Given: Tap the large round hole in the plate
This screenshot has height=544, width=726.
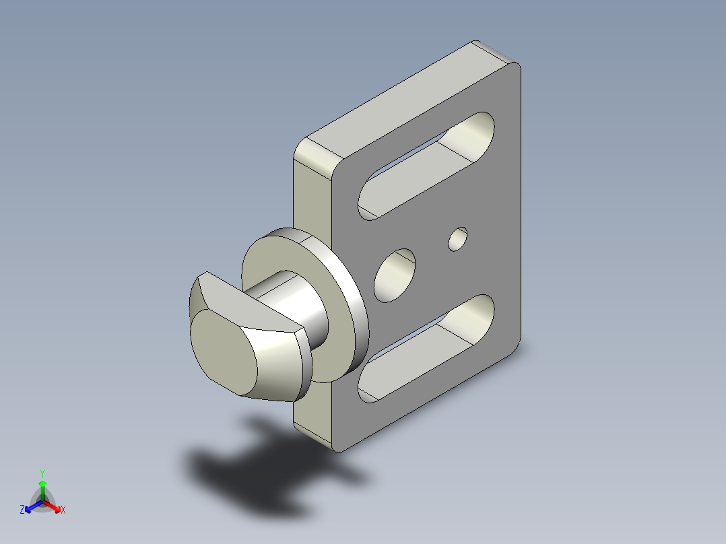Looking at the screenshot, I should click(x=395, y=275).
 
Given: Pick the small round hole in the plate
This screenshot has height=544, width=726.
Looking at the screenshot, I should click(x=458, y=239).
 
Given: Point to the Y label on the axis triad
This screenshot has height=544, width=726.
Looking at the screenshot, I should click(x=42, y=473).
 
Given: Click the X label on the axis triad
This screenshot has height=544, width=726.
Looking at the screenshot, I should click(x=63, y=510).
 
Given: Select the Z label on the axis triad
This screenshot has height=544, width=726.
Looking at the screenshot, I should click(x=22, y=510).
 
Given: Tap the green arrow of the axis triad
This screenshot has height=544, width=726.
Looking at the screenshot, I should click(x=42, y=488).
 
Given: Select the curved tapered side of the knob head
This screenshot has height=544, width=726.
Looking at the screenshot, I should click(x=276, y=357).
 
